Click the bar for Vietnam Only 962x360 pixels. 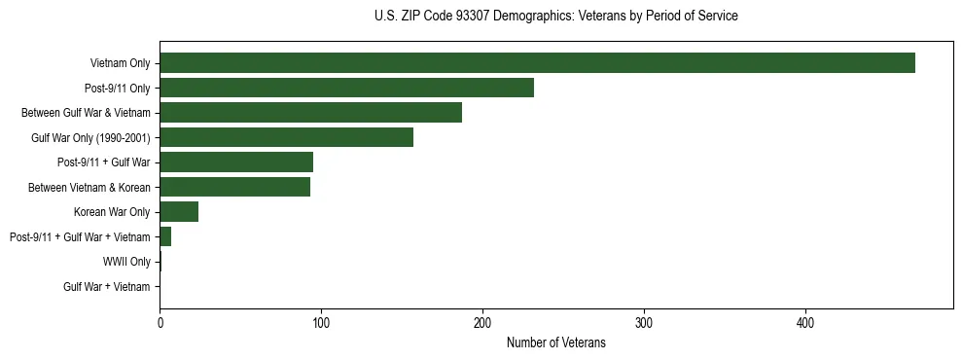[537, 63]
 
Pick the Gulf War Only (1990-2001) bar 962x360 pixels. [286, 137]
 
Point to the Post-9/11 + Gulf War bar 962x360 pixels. [236, 162]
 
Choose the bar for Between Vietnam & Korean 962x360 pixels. [234, 187]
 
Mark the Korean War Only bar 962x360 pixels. [179, 212]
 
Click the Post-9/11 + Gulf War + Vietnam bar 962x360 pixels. [165, 236]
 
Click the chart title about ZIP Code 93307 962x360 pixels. [555, 17]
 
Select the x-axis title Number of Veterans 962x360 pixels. [555, 342]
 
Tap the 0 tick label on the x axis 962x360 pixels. [160, 323]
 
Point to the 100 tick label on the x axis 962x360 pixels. [321, 323]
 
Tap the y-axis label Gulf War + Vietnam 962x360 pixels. [107, 287]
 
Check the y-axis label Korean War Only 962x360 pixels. [112, 212]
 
